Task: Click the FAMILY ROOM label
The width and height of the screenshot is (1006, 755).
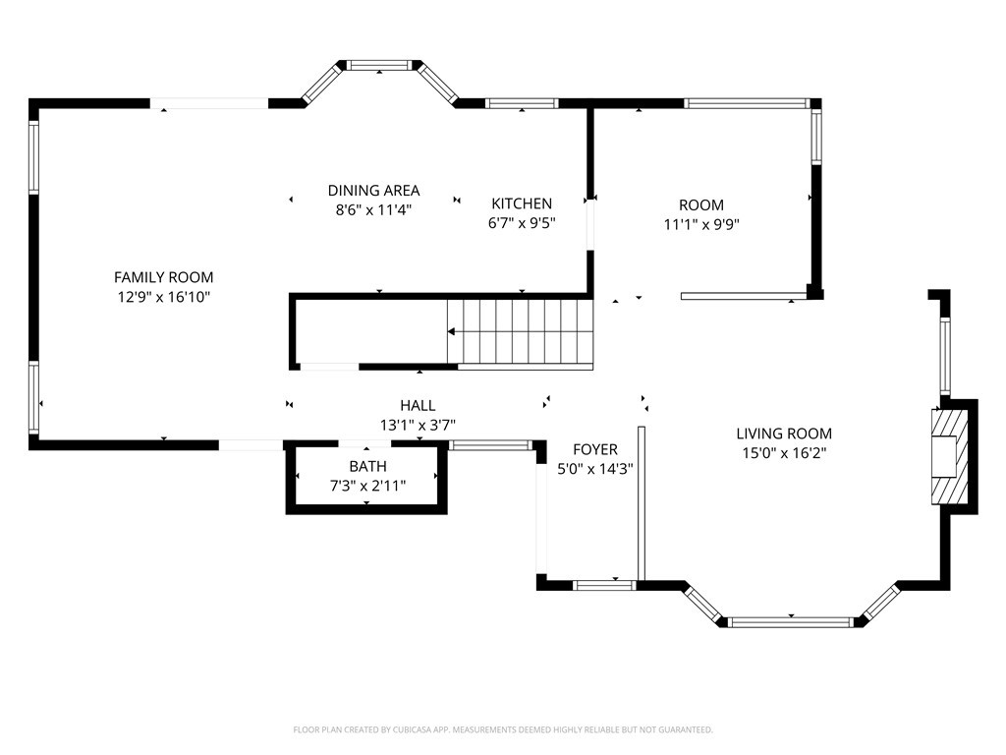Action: click(164, 277)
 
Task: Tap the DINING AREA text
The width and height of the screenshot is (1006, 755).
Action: click(373, 191)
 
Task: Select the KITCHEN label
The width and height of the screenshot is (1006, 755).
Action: click(522, 203)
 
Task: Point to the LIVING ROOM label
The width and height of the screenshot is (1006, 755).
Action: click(784, 434)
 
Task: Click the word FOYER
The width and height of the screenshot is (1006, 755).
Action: click(595, 449)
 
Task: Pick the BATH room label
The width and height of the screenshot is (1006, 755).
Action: click(367, 466)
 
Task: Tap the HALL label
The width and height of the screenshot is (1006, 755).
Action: click(418, 405)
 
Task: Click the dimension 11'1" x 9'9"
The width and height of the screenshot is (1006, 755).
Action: click(701, 225)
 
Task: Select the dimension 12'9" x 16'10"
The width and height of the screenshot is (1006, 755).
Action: click(164, 297)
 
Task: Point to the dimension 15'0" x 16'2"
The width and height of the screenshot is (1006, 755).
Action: click(784, 453)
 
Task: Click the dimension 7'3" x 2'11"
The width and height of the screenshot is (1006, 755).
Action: click(367, 486)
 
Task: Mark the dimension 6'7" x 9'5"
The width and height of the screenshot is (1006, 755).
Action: click(522, 223)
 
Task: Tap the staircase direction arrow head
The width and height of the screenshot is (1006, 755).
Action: click(452, 332)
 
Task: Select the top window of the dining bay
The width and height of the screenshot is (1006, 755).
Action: click(379, 65)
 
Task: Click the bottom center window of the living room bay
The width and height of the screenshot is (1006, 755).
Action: click(791, 621)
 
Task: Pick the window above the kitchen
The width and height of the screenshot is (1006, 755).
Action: click(522, 103)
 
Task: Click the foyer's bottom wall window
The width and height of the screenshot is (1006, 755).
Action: click(604, 585)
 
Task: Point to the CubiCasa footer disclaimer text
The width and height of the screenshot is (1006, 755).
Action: click(503, 730)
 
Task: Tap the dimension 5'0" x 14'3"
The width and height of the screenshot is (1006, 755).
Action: click(595, 469)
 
